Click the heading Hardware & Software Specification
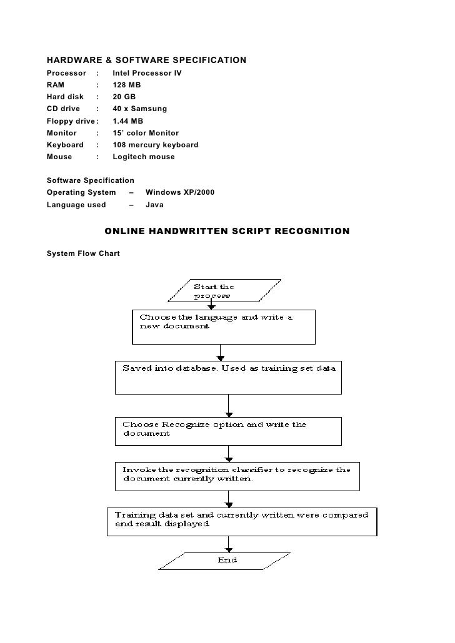click(x=146, y=61)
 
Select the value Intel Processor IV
click(x=147, y=73)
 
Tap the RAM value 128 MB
click(x=126, y=85)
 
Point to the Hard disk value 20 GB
click(x=124, y=97)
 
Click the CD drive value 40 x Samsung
click(x=139, y=109)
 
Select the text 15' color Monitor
click(x=145, y=133)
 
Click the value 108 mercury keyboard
click(x=155, y=145)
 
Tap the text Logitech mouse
click(x=143, y=157)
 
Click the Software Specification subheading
click(x=90, y=180)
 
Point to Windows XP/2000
click(x=179, y=192)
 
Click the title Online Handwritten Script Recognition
click(x=227, y=232)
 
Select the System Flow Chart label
click(x=83, y=254)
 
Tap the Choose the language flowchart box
click(x=223, y=326)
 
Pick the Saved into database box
click(x=228, y=376)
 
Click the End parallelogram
click(x=227, y=560)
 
